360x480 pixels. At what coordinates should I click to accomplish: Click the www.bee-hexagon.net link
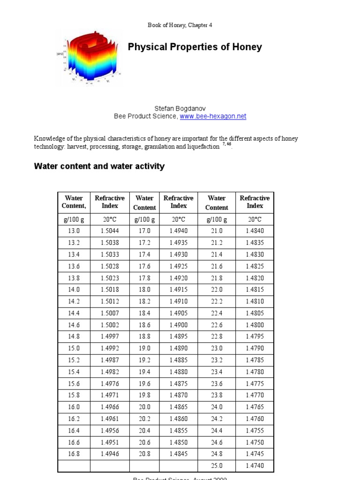coord(213,116)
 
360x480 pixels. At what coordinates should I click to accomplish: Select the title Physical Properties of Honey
coord(195,47)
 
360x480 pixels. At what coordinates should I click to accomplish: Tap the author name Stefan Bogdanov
coord(180,108)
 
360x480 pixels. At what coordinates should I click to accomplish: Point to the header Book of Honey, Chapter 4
coord(180,25)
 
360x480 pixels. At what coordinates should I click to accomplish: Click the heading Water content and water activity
coord(99,166)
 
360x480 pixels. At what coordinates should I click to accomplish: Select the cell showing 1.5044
coord(110,231)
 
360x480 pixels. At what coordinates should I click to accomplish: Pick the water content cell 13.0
coord(74,231)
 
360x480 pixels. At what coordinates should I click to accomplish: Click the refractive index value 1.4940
coord(179,231)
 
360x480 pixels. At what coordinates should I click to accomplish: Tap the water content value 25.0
coord(217,466)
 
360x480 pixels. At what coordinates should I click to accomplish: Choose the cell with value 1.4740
coord(255,466)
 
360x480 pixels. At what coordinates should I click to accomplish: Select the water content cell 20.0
coord(144,407)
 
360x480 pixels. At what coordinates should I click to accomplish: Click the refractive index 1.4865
coord(179,407)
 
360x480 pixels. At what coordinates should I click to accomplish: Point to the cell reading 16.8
coord(74,454)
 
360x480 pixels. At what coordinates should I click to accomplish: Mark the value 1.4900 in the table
coord(179,325)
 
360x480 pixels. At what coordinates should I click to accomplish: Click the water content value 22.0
coord(217,290)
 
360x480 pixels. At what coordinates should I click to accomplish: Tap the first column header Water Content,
coord(74,202)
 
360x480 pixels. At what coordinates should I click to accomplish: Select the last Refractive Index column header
coord(255,202)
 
